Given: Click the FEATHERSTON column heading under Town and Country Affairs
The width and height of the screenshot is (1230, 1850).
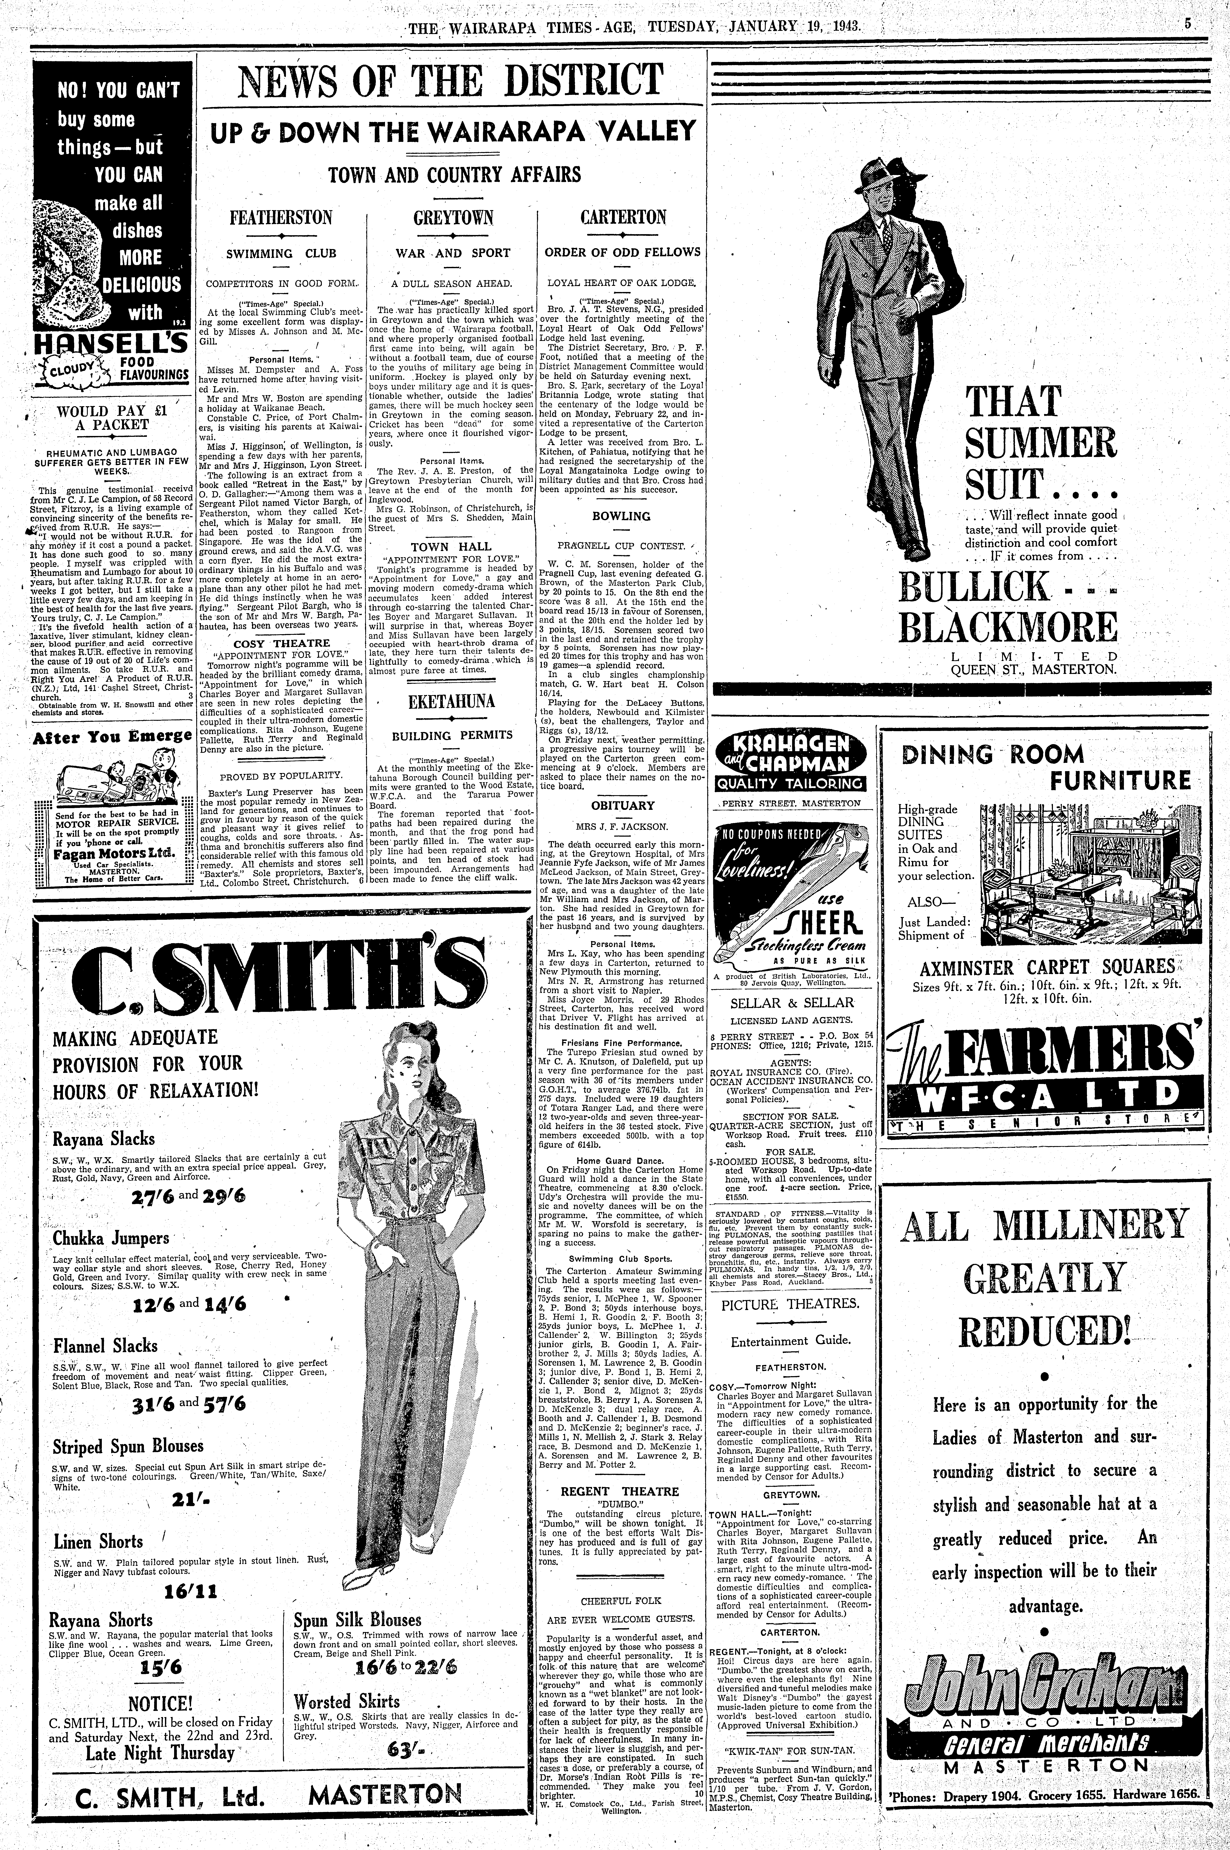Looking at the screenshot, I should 281,217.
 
